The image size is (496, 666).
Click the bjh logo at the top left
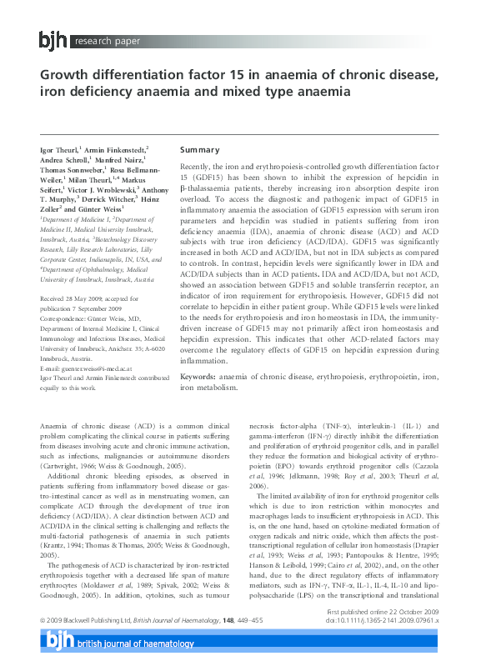click(x=53, y=39)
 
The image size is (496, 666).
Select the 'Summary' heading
click(x=200, y=149)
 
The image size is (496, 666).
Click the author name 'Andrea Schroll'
click(x=65, y=161)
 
